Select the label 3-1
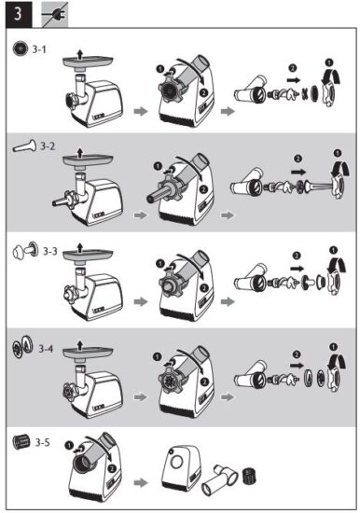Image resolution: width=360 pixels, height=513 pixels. tap(42, 48)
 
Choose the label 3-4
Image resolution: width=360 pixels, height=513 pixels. tap(47, 348)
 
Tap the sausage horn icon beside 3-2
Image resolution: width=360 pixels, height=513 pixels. tap(22, 146)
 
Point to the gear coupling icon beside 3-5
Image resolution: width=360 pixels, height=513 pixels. tap(21, 440)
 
